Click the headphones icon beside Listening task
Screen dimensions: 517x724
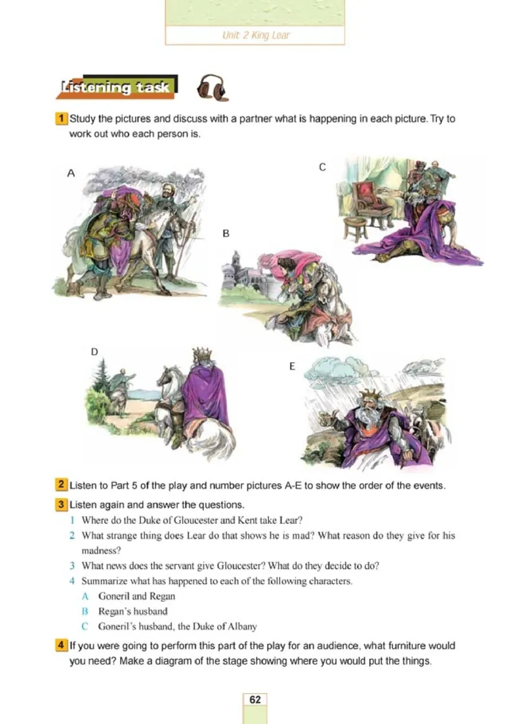(212, 87)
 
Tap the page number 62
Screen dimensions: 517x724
(255, 699)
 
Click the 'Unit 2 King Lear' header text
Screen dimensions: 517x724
(255, 35)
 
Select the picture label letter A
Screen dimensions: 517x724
(70, 173)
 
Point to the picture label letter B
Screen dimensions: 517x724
(226, 234)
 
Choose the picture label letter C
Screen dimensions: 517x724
(322, 167)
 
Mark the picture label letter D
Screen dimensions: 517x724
(94, 352)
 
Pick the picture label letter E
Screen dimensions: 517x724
(292, 366)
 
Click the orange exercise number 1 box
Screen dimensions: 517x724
(61, 118)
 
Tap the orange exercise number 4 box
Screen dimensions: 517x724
(61, 645)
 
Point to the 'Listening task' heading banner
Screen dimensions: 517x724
(116, 87)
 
